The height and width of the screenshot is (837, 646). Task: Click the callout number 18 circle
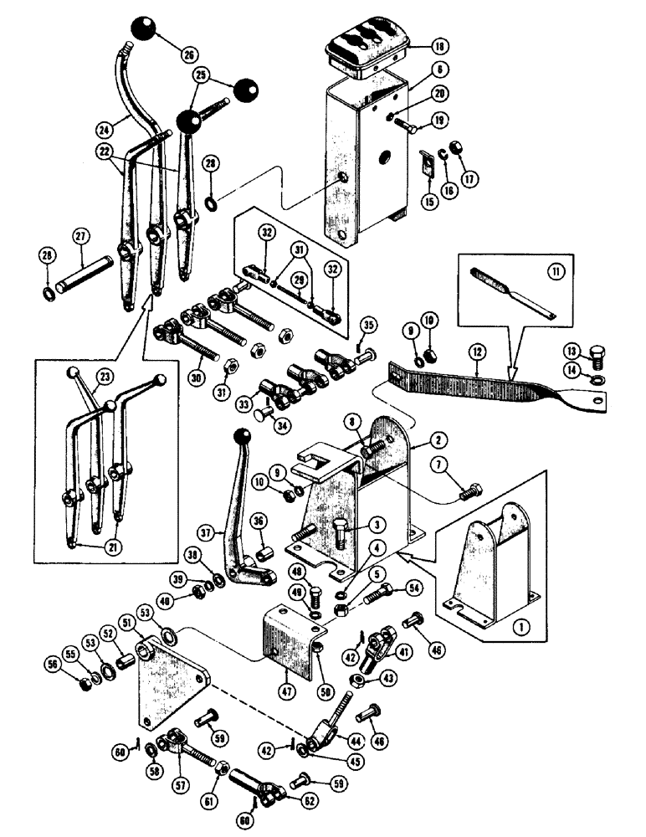pyautogui.click(x=418, y=47)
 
